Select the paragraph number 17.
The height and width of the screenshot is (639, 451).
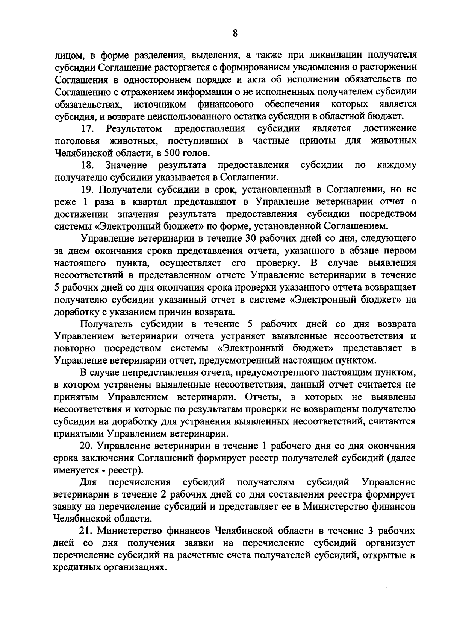88,129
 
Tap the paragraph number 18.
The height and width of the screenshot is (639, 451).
88,165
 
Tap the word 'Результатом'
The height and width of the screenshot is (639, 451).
134,129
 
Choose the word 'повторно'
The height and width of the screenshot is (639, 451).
77,348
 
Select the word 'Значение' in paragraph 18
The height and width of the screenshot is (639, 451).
126,165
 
